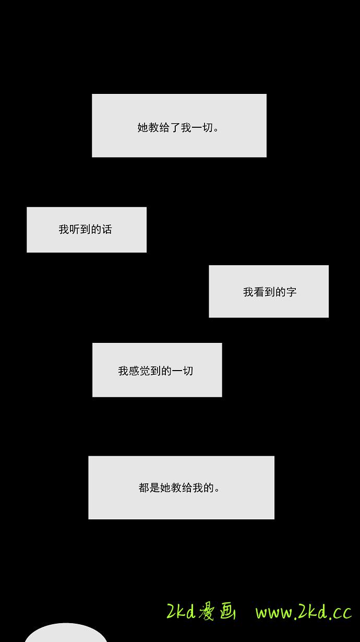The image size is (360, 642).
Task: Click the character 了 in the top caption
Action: click(175, 127)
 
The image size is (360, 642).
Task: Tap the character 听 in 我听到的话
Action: click(74, 229)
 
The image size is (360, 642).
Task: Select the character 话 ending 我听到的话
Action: click(107, 229)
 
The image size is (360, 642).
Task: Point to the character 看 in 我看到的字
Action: click(259, 292)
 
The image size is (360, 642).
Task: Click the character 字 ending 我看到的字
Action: click(292, 292)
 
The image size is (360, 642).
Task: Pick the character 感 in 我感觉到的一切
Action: click(134, 371)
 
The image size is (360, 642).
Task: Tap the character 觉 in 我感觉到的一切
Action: click(145, 371)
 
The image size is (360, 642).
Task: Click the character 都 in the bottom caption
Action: click(144, 488)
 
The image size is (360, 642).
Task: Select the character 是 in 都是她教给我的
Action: click(154, 488)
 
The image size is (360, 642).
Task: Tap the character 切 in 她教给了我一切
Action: click(208, 127)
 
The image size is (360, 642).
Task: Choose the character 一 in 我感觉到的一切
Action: click(177, 371)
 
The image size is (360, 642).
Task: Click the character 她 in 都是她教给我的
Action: click(165, 488)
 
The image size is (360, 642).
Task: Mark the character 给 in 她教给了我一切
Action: click(164, 127)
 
